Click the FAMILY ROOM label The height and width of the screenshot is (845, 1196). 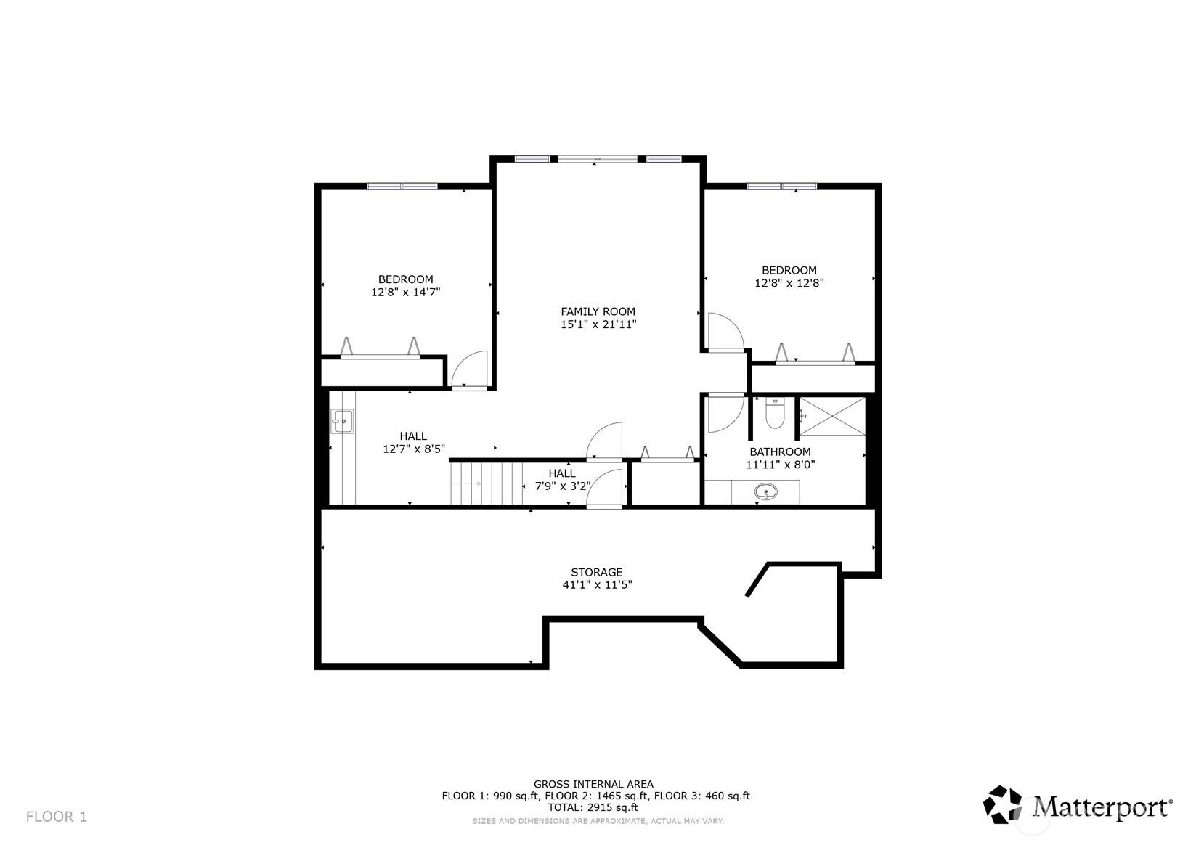[598, 311]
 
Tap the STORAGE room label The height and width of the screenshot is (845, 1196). [597, 572]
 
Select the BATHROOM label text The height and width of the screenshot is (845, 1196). [780, 452]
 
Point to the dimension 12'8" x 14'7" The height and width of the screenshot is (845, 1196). [406, 292]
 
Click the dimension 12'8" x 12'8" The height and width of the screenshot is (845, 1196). [789, 283]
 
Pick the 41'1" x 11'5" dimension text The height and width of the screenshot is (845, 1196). [597, 584]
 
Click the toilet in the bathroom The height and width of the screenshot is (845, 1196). [774, 412]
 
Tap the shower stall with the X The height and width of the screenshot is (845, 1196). [832, 417]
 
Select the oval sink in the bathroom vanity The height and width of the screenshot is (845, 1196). [765, 491]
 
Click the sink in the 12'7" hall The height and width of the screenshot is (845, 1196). [342, 421]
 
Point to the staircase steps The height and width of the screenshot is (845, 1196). [487, 483]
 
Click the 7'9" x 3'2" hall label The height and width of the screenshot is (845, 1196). [563, 479]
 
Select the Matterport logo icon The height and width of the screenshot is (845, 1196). [1003, 804]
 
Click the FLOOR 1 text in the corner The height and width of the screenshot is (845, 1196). [57, 817]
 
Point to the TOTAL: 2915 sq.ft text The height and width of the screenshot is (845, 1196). [596, 807]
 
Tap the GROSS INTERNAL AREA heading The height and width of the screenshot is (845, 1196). [594, 784]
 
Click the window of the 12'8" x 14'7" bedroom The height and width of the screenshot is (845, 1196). [402, 187]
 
